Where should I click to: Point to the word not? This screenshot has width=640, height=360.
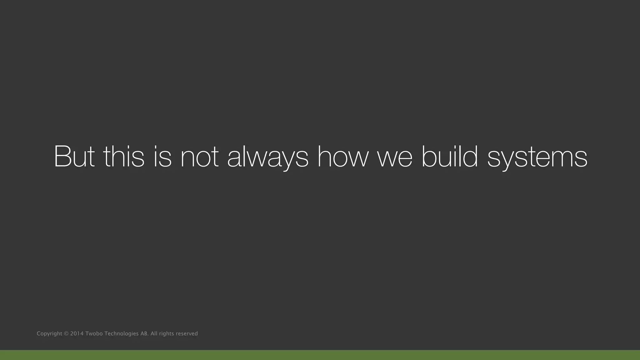pos(199,157)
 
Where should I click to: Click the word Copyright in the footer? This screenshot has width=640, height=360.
pos(49,334)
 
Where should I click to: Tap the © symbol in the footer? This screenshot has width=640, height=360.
pos(66,333)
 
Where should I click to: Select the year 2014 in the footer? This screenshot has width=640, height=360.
pos(77,333)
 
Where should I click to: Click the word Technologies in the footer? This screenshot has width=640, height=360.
pos(121,334)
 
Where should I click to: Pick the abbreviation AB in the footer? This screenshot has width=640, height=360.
pos(144,333)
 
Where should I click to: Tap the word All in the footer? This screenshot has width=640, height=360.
pos(154,333)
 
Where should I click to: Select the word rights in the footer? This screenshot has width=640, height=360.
pos(166,334)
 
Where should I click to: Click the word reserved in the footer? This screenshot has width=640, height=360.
pos(187,333)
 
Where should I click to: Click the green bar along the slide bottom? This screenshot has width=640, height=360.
pos(320,355)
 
